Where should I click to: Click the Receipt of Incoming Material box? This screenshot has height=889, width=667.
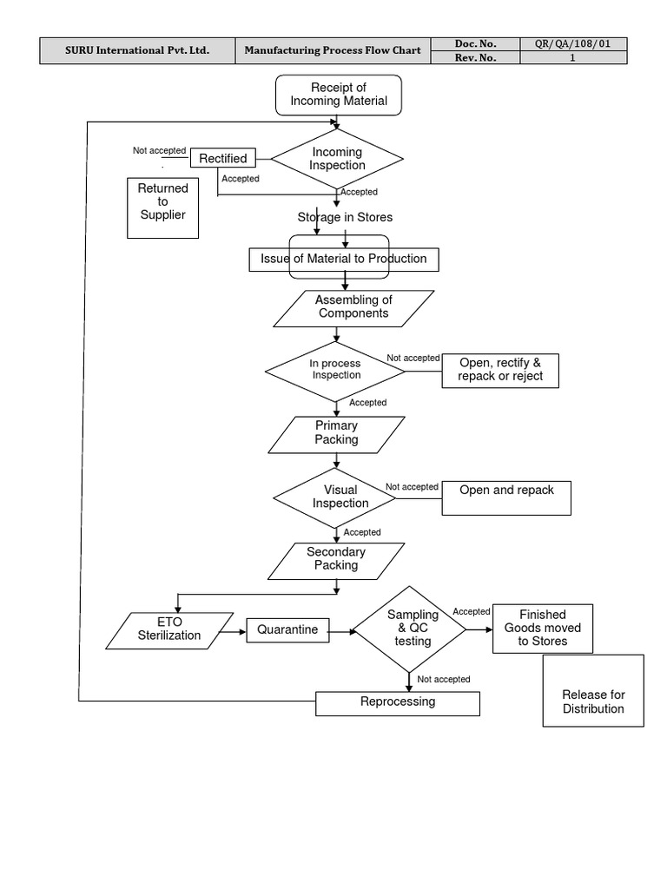[x=338, y=95]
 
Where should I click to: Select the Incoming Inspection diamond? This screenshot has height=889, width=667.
[x=338, y=159]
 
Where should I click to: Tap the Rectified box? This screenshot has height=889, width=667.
[x=223, y=158]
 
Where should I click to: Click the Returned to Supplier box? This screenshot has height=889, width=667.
[x=162, y=207]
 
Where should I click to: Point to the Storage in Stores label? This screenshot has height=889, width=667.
[x=345, y=217]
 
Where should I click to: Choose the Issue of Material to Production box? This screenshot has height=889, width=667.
[x=344, y=259]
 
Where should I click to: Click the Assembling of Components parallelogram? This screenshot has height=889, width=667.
[x=352, y=307]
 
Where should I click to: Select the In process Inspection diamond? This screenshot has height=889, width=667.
[x=335, y=370]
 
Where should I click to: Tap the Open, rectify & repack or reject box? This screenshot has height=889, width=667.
[x=500, y=370]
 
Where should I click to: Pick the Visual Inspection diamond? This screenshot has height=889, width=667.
[x=335, y=497]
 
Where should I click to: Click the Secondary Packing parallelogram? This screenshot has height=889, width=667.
[x=336, y=560]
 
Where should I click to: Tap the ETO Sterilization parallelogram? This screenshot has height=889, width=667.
[x=169, y=629]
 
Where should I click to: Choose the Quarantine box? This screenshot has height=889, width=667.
[x=287, y=629]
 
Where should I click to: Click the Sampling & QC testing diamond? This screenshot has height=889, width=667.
[x=408, y=629]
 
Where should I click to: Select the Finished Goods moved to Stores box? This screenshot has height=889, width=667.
[x=543, y=629]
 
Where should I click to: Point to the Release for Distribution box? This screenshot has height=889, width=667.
[x=593, y=691]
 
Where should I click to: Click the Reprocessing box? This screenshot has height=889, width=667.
[x=397, y=702]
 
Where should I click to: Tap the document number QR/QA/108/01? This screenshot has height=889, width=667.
[x=573, y=44]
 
